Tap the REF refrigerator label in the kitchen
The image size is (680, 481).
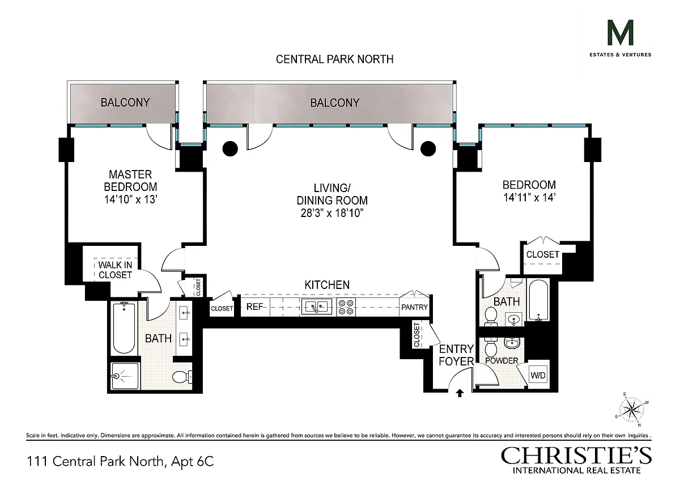[x=254, y=307]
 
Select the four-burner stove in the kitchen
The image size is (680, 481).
[x=346, y=307]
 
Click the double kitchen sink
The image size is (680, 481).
[x=316, y=307]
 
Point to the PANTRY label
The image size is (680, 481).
[x=414, y=308]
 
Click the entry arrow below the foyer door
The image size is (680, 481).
[x=460, y=393]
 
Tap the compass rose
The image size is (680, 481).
[x=631, y=410]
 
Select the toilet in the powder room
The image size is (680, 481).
[x=491, y=347]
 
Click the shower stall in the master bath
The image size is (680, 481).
[x=125, y=376]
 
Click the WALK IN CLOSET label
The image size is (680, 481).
[x=115, y=270]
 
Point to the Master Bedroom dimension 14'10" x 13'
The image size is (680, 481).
[x=130, y=199]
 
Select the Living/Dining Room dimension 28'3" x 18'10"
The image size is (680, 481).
[x=332, y=213]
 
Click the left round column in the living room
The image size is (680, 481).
[x=230, y=148]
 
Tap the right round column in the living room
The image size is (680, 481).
[x=428, y=148]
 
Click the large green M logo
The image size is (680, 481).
[x=620, y=32]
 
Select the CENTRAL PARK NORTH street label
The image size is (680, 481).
[x=334, y=59]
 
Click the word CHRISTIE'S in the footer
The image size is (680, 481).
[x=576, y=456]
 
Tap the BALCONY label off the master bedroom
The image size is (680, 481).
[x=125, y=103]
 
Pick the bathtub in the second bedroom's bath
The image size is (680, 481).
[x=538, y=300]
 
